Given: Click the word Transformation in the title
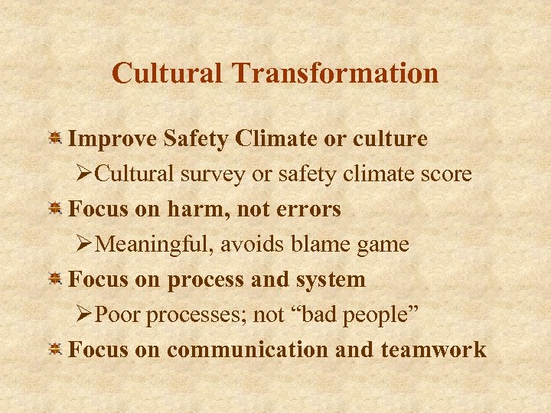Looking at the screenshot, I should pyautogui.click(x=336, y=73).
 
